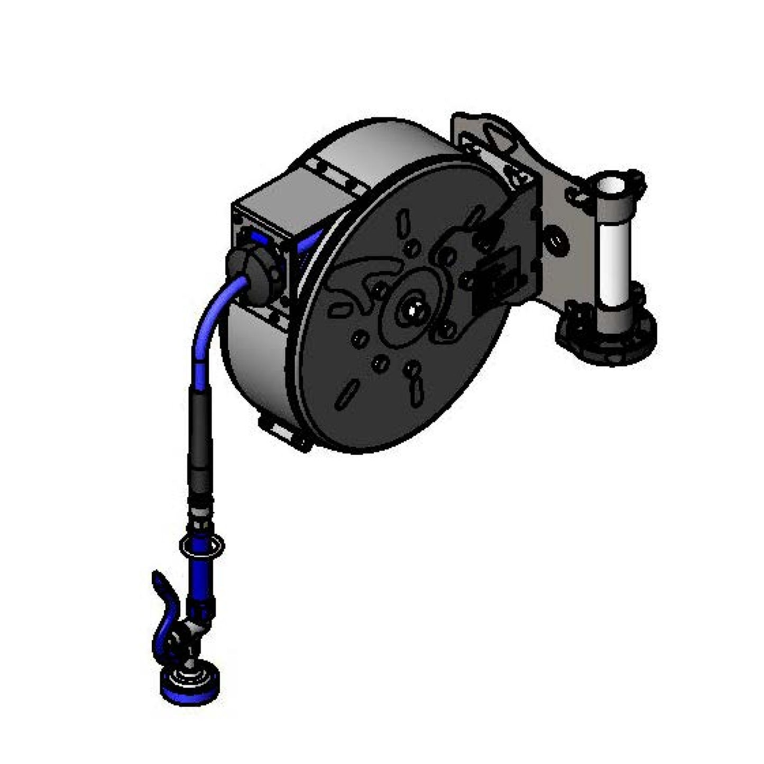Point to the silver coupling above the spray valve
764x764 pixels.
[x=200, y=516]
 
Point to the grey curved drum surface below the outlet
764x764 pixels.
[x=254, y=365]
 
